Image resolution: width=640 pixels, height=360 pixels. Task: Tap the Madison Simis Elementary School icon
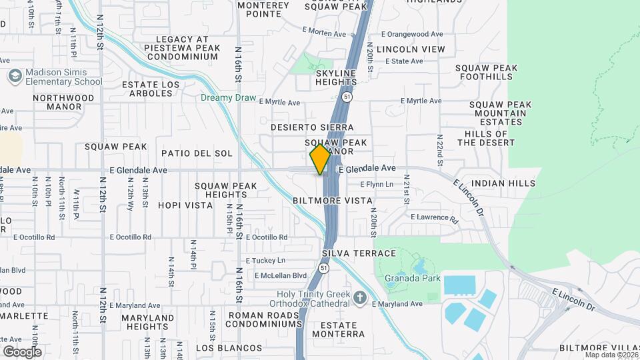(x=13, y=77)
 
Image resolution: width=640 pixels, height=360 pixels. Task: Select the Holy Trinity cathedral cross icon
(x=360, y=297)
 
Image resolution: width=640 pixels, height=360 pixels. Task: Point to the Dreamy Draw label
(x=229, y=97)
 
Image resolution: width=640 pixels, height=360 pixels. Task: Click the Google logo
(x=22, y=351)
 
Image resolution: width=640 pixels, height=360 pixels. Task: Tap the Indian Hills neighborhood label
(x=503, y=183)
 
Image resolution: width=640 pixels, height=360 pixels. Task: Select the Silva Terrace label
(x=359, y=253)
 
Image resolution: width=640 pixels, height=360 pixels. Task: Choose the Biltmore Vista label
(x=331, y=200)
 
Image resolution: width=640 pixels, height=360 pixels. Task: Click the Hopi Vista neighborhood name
(x=185, y=205)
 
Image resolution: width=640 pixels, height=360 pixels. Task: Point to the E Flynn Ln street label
(x=377, y=184)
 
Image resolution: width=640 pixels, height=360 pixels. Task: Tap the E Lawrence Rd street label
(x=435, y=217)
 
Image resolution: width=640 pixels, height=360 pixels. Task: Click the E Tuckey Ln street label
(x=265, y=260)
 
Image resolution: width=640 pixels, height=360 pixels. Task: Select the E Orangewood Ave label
(x=411, y=34)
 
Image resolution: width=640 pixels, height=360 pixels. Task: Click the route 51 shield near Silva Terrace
(x=323, y=268)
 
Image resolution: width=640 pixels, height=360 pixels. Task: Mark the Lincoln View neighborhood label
(x=410, y=49)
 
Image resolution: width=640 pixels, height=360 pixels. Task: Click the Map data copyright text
(x=611, y=355)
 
